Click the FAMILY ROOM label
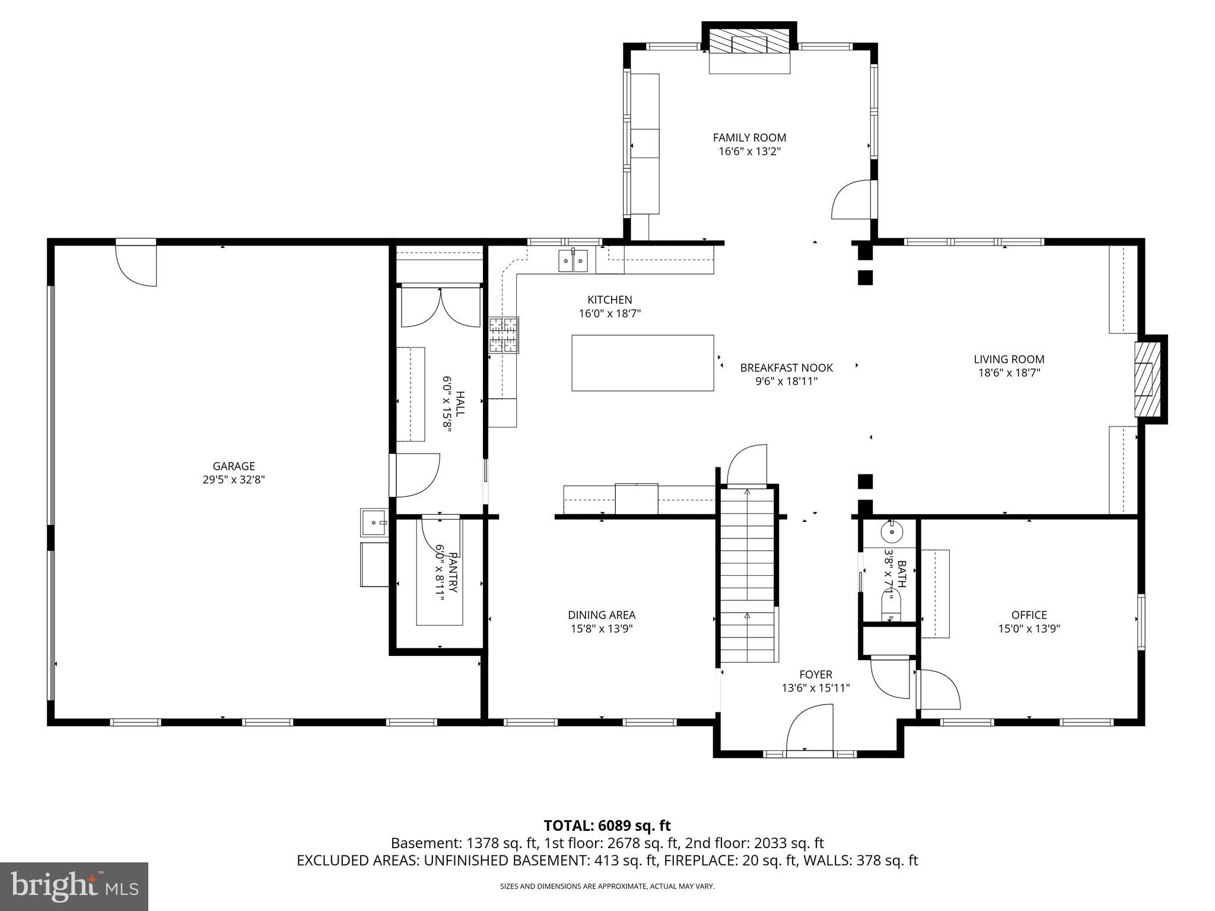(749, 138)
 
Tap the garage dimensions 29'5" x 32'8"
(233, 479)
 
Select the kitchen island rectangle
(643, 363)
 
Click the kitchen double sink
(572, 261)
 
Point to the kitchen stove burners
(503, 336)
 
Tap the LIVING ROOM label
(1009, 359)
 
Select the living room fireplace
(1149, 380)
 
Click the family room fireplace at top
(749, 45)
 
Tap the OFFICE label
(1029, 615)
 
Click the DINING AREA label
(602, 615)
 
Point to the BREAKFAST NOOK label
(786, 368)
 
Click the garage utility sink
(374, 523)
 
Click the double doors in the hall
(440, 307)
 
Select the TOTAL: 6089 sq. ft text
(607, 826)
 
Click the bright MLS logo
(74, 886)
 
